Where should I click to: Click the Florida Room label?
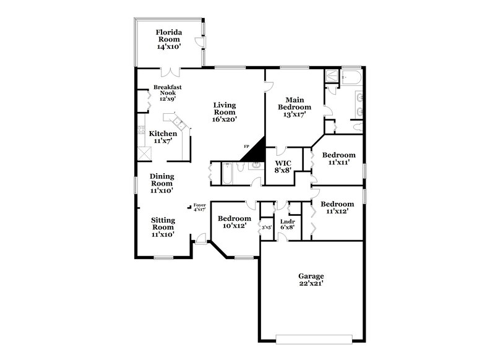[x=168, y=39]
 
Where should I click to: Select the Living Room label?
[x=225, y=113]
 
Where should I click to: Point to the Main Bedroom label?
[x=294, y=107]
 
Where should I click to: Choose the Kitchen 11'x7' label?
[x=163, y=137]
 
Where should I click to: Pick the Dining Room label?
[x=161, y=183]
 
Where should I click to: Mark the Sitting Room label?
[x=163, y=227]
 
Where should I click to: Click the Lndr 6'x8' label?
[x=286, y=224]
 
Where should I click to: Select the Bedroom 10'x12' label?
[x=235, y=222]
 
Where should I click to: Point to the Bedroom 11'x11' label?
[x=339, y=158]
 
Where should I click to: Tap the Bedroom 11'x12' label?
[x=338, y=207]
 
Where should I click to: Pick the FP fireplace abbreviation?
[x=246, y=147]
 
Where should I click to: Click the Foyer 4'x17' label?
[x=199, y=207]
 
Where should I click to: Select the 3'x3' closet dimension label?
[x=267, y=228]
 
